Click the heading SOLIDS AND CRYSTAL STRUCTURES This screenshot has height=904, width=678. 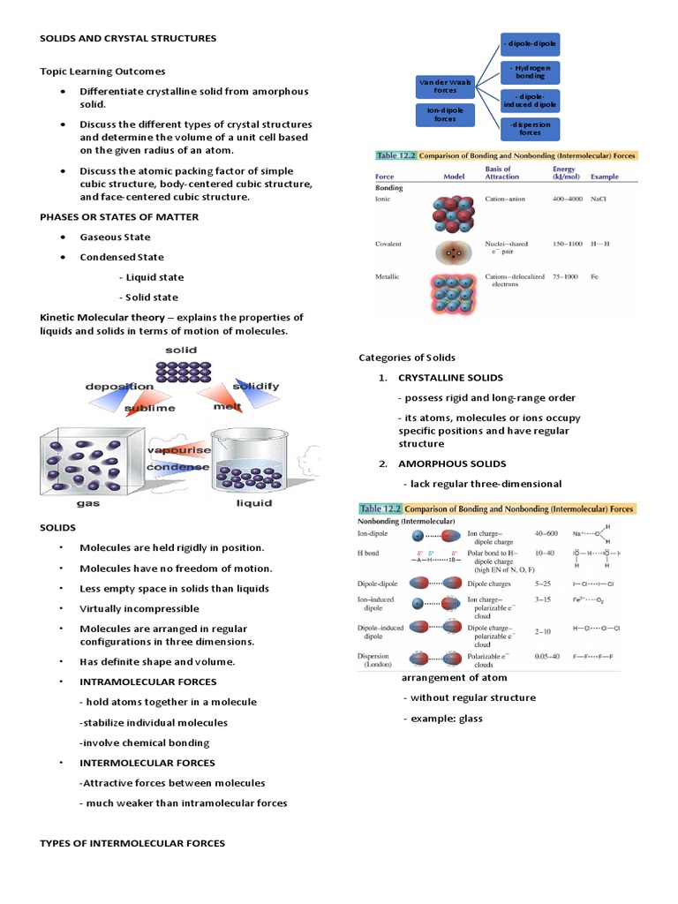[128, 38]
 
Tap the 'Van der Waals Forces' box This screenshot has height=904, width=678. [445, 86]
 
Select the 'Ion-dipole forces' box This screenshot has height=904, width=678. [445, 114]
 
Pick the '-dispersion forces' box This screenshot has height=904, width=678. [531, 129]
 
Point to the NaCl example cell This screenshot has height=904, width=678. [599, 199]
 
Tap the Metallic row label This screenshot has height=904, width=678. [388, 277]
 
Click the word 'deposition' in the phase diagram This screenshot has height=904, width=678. [119, 387]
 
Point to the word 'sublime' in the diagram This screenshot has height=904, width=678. [152, 408]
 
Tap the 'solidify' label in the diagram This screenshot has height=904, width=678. [256, 387]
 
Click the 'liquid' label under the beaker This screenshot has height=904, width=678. [253, 503]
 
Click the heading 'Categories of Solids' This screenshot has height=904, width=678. [407, 357]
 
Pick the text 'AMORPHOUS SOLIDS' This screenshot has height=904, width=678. [452, 463]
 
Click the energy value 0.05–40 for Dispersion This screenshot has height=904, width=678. [547, 657]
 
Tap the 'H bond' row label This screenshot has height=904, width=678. [368, 553]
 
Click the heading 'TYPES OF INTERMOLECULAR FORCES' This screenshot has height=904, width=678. [132, 843]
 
